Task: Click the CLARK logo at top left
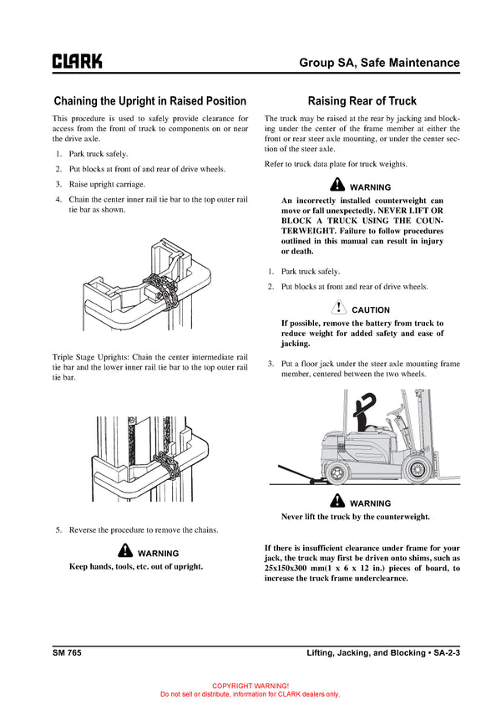click(78, 61)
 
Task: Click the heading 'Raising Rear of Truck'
click(362, 101)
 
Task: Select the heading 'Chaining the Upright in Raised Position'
click(150, 101)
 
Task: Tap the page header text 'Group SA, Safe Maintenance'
click(379, 63)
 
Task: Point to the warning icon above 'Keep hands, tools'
click(125, 551)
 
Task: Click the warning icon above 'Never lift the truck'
click(337, 501)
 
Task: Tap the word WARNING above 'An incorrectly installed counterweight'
click(370, 186)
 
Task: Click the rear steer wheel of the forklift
click(337, 473)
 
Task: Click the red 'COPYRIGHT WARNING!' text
click(250, 685)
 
